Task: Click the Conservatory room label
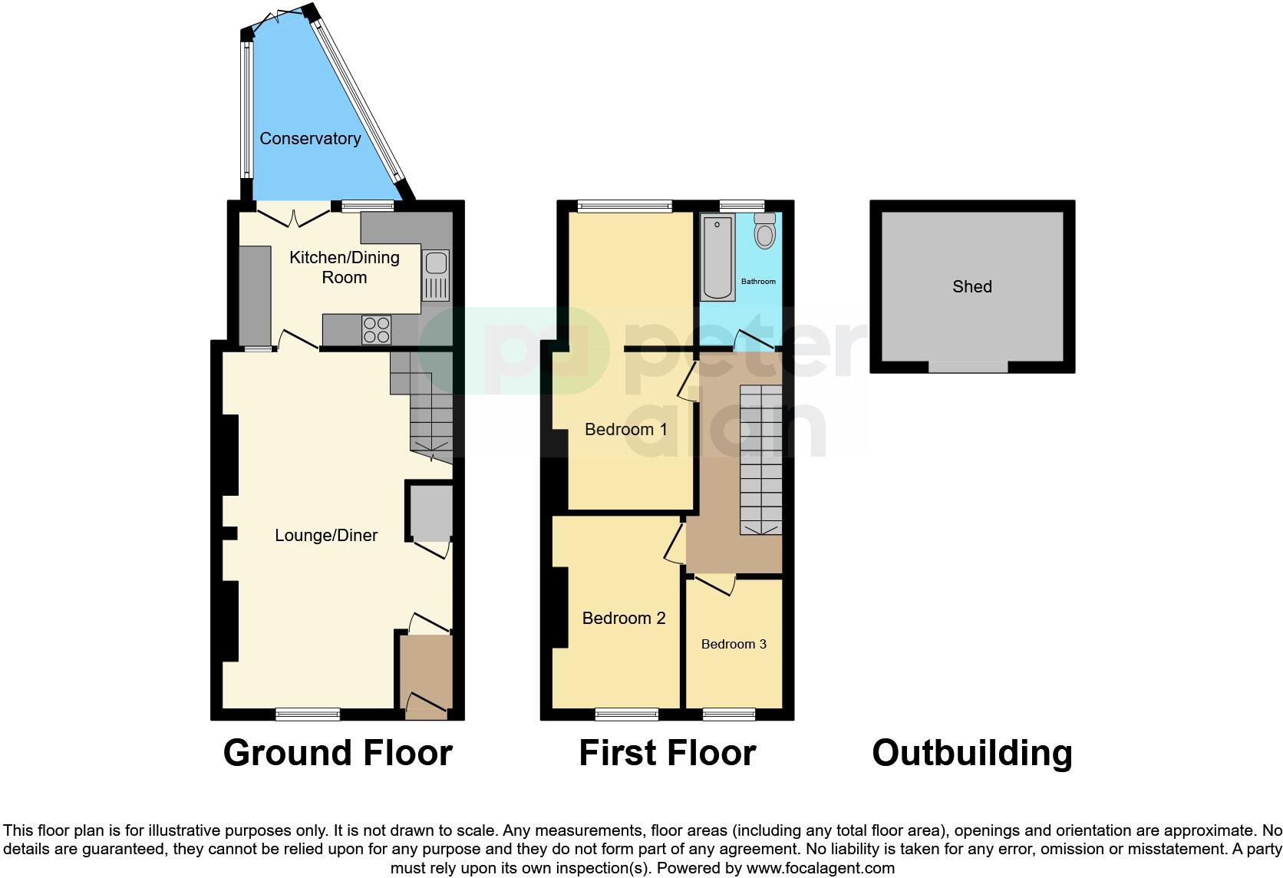click(310, 138)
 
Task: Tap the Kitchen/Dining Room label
click(344, 267)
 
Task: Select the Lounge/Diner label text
click(326, 535)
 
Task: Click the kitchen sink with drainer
click(436, 276)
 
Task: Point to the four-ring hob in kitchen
click(377, 330)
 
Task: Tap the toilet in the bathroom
click(764, 230)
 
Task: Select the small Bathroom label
click(758, 282)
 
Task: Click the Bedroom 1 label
click(625, 429)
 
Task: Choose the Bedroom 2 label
click(623, 618)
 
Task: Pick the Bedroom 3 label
click(734, 644)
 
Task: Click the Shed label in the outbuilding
click(971, 286)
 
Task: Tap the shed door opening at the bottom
click(968, 367)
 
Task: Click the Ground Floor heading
click(338, 752)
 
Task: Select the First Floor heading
click(667, 752)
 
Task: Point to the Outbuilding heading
click(971, 752)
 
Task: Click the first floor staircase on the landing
click(760, 459)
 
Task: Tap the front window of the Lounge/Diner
click(308, 714)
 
